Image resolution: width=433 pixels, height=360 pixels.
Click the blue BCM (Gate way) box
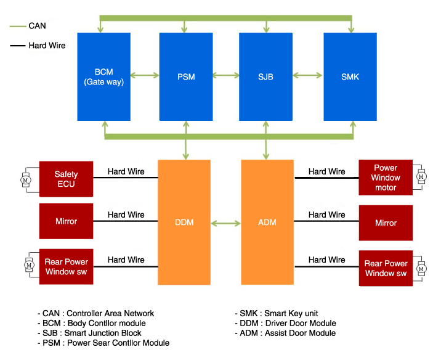coord(103,76)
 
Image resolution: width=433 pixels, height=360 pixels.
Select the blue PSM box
coord(186,76)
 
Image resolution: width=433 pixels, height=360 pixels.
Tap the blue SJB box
coord(265,76)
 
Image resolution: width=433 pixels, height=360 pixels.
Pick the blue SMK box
coord(350,76)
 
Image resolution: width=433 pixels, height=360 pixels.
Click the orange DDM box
coord(184,222)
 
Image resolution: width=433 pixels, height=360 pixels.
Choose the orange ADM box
coord(267,222)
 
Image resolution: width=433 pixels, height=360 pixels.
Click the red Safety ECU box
coord(66,179)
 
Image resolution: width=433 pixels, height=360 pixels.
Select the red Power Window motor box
coord(386,178)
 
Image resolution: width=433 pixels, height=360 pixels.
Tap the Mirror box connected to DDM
coord(66,221)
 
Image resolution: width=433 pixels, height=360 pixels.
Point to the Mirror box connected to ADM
coord(386,223)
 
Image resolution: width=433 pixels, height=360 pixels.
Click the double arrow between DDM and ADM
coord(225,223)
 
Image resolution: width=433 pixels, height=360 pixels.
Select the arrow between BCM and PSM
coord(145,76)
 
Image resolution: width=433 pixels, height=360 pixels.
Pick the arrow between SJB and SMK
coord(307,76)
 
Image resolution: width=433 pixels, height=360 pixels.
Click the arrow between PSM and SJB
coord(225,76)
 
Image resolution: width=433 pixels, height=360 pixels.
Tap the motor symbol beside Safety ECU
coord(26,179)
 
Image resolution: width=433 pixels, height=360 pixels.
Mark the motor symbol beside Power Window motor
coord(421,178)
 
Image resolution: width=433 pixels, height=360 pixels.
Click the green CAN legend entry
coord(29,26)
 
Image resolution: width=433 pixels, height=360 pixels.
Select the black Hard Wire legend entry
coord(38,45)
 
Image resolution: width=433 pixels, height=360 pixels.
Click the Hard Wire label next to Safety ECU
coord(126,171)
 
